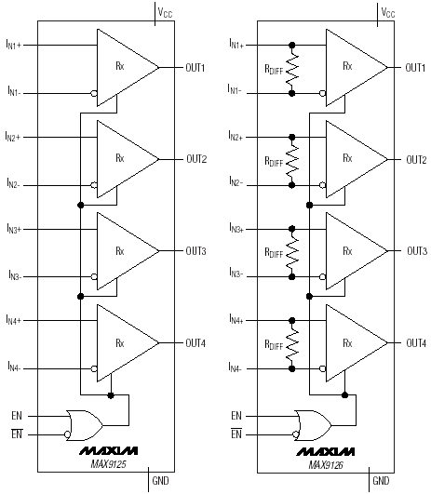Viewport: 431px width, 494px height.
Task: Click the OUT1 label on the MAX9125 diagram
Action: [195, 67]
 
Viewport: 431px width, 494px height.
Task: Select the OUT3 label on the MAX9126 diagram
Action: [417, 251]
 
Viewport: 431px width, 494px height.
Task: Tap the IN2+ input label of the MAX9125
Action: [13, 136]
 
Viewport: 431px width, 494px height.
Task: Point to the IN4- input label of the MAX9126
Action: [235, 367]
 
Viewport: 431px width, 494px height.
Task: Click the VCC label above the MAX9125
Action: [165, 12]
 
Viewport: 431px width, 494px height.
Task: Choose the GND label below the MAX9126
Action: [381, 481]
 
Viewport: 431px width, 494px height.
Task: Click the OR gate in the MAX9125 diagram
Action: [84, 425]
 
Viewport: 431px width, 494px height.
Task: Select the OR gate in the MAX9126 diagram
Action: [313, 425]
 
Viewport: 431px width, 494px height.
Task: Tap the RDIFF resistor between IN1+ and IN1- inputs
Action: [292, 70]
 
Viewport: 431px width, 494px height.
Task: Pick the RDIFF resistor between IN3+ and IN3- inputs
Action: [292, 253]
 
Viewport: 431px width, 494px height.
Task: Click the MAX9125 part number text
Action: [109, 464]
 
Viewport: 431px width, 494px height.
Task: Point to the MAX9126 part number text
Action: [326, 465]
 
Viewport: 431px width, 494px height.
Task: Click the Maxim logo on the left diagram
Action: [109, 451]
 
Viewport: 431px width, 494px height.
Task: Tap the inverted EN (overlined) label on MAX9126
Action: [236, 434]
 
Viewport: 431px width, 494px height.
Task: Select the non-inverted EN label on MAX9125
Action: [17, 416]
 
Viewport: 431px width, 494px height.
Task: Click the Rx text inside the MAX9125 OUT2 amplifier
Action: [120, 158]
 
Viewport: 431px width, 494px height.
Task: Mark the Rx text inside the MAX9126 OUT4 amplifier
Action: [347, 342]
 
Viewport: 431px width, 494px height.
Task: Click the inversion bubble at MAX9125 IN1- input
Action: [94, 93]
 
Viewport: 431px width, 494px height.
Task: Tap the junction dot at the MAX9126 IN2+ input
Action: [292, 137]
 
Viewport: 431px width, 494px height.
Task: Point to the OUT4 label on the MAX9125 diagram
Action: [195, 342]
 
